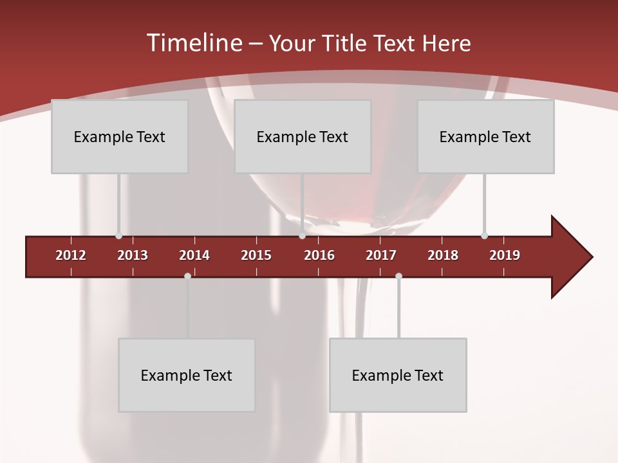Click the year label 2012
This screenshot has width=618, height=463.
coord(71,255)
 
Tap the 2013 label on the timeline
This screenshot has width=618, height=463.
coord(133,255)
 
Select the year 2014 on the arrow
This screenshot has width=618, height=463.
coord(194,255)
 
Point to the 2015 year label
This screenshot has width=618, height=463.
coord(256,255)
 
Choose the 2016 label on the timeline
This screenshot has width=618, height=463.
coord(319,255)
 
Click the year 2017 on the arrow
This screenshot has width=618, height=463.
coord(381,255)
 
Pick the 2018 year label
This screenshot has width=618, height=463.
coord(443,255)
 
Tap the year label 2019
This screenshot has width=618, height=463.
coord(505,255)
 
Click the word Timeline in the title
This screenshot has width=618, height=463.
coord(194,43)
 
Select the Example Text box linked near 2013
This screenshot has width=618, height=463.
coord(120,136)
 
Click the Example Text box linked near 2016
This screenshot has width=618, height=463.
coord(303,136)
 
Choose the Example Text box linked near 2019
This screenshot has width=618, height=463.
coord(485,136)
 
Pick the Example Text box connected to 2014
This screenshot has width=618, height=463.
coord(187,375)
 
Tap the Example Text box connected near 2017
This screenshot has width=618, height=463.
coord(398,375)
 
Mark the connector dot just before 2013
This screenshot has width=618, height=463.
coord(118,236)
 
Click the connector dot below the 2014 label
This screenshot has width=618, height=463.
coord(187,276)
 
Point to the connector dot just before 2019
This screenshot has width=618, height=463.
coord(484,236)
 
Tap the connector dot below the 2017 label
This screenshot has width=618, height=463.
coord(398,276)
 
